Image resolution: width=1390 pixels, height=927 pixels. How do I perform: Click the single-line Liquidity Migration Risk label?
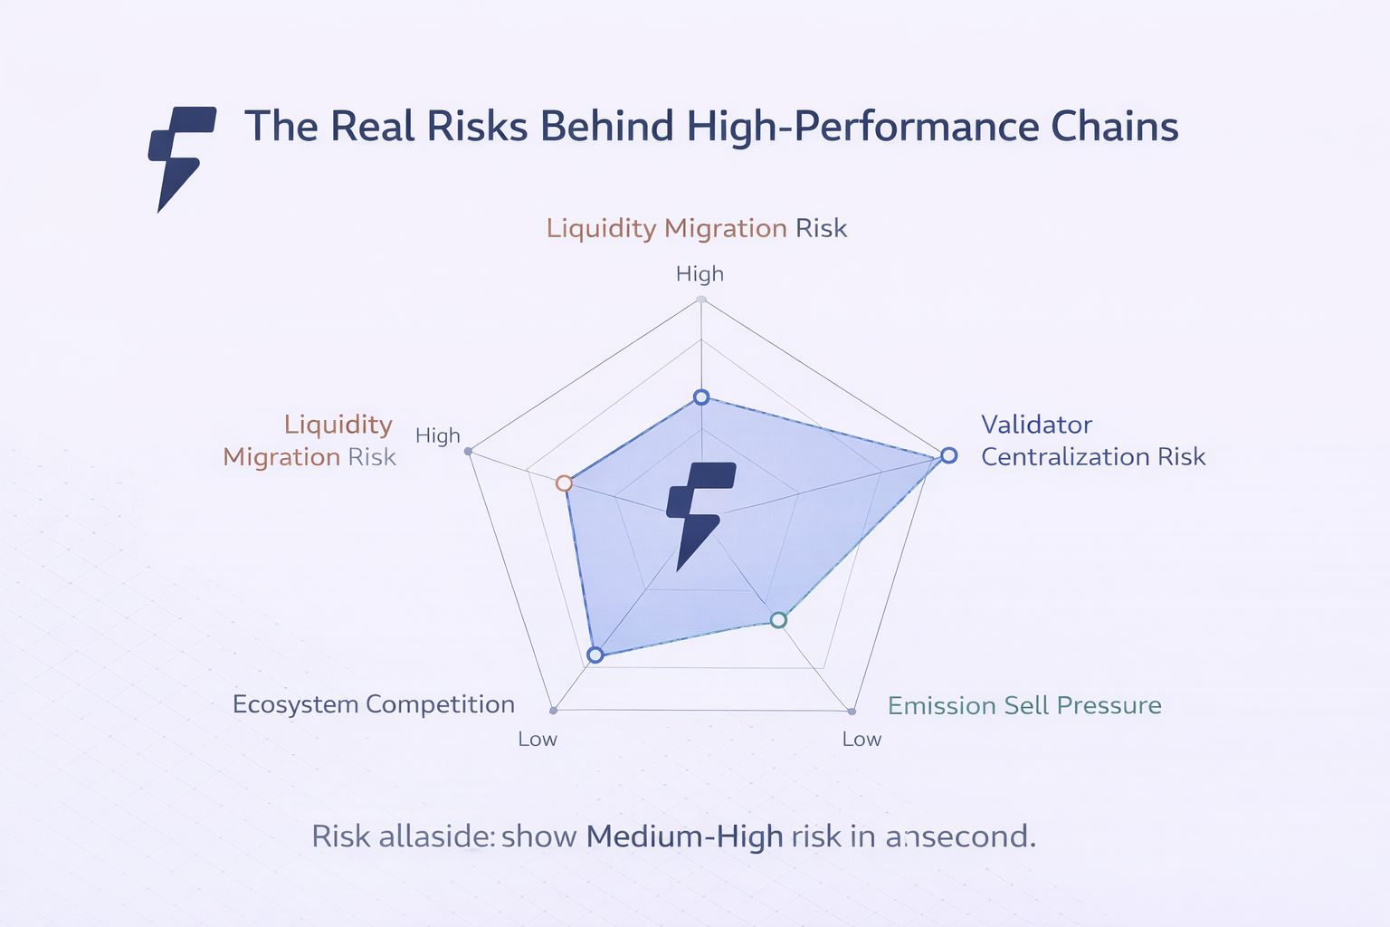(696, 228)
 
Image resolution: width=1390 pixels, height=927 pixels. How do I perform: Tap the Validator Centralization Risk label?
(1092, 441)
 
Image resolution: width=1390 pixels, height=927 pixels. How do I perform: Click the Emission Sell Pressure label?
(1023, 705)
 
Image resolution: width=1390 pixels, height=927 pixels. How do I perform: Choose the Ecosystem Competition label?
(373, 704)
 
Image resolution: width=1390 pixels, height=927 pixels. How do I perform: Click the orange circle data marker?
(564, 483)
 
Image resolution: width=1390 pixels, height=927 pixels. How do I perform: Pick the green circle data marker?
(778, 620)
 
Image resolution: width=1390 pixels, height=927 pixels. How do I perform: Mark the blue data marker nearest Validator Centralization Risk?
(947, 455)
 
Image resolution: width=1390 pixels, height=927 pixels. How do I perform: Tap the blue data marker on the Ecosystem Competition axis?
(595, 655)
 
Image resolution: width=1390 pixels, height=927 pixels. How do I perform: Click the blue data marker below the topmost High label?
(700, 397)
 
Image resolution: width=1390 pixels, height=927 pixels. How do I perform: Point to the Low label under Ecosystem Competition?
(538, 740)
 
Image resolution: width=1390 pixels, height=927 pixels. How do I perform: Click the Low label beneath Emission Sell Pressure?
(862, 740)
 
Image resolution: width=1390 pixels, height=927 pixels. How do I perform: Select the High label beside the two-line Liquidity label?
(438, 436)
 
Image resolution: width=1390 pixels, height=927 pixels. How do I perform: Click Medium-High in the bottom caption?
(684, 836)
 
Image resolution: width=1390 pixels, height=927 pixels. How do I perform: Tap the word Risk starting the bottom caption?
(340, 836)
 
